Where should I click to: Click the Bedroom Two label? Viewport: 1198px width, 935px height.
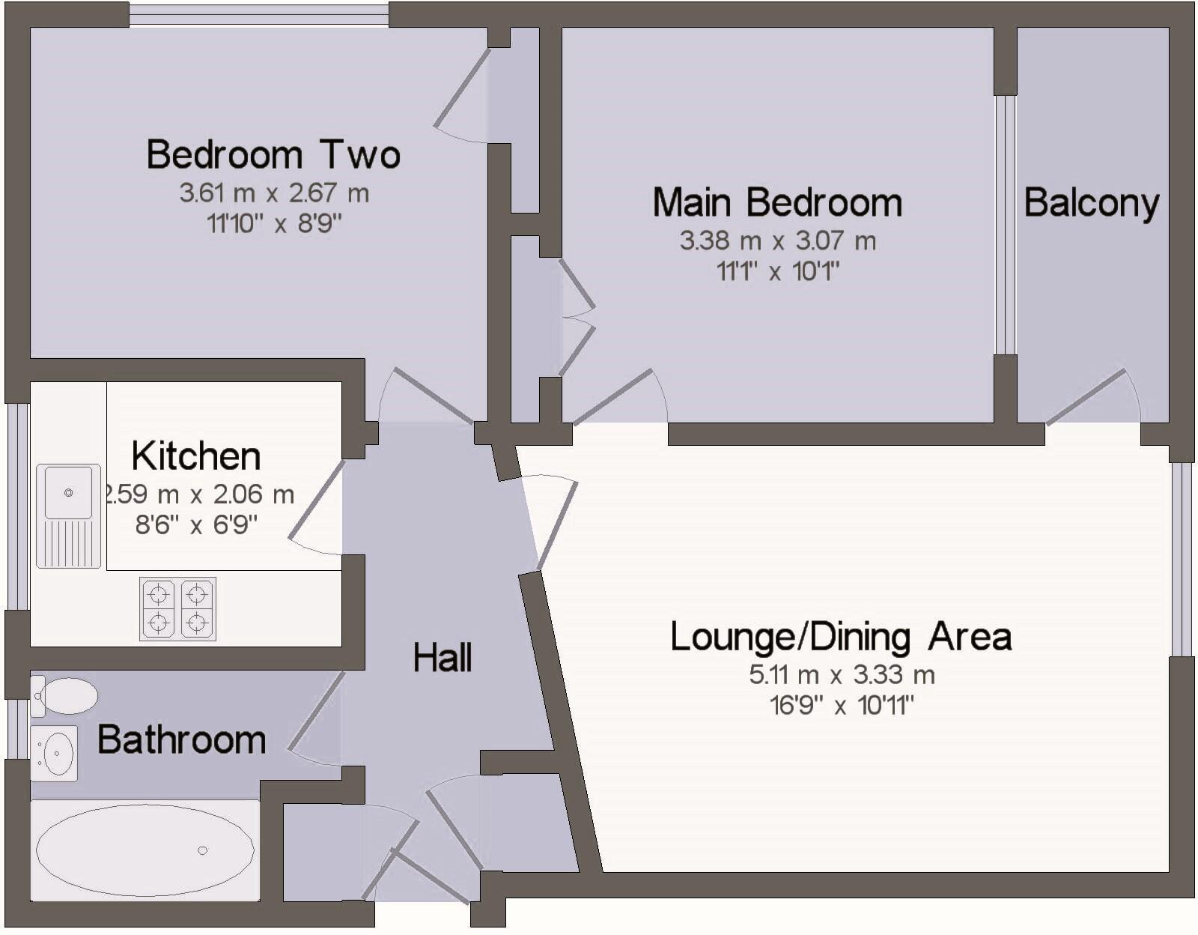273,155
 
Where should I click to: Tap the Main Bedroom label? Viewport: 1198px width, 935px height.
777,203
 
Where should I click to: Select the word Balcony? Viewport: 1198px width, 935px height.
1092,203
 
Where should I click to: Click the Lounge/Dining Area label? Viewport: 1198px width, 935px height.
841,637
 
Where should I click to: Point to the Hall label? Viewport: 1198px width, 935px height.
443,658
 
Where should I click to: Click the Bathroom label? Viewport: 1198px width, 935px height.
182,739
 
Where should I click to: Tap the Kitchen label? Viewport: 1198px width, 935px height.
196,456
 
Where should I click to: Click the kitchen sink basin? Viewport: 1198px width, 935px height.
68,492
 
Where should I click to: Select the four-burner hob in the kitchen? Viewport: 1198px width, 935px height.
177,608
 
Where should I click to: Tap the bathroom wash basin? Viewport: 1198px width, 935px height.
55,753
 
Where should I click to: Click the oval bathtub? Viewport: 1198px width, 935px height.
145,850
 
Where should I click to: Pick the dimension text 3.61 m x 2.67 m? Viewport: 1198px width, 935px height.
274,193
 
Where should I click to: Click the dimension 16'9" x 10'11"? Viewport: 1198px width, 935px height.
842,706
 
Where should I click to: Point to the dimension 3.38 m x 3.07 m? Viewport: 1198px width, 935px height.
777,241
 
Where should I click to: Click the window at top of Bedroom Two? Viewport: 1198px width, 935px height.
258,15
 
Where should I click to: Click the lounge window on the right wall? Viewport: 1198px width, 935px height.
1181,559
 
